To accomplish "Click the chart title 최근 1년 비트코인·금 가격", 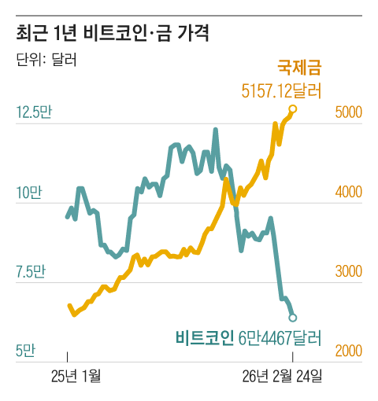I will [113, 33].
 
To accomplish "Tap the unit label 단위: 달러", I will [46, 60].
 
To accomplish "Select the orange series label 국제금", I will [300, 68].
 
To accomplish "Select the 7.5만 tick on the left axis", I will [31, 272].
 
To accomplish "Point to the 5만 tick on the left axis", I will [26, 351].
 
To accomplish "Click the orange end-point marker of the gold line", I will [293, 109].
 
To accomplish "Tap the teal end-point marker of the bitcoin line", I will [293, 318].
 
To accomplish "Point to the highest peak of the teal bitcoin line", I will [215, 130].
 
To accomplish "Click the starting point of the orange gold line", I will [69, 305].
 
